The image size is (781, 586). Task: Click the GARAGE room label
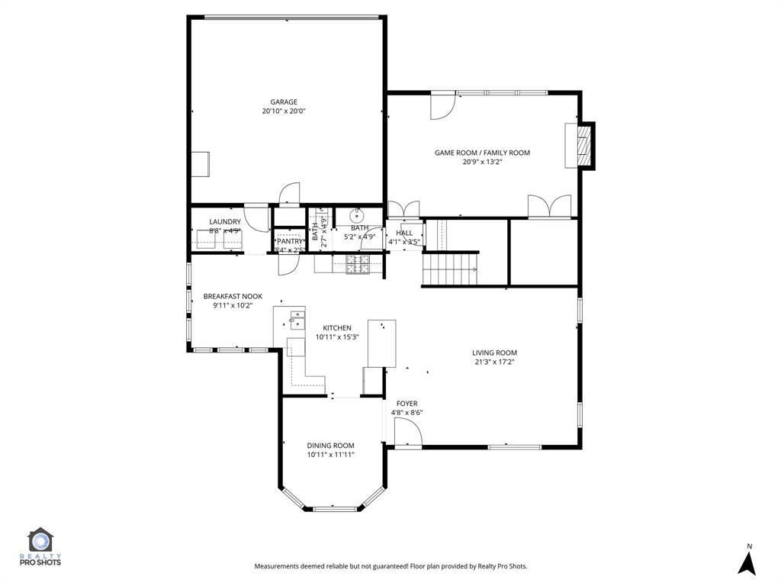coord(284,101)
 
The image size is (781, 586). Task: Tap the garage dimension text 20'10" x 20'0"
coord(284,111)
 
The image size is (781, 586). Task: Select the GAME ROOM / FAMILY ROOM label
coord(482,153)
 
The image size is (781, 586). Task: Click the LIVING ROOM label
coord(495,353)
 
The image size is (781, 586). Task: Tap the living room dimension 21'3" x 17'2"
coord(495,362)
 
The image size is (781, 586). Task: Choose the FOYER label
coord(407,404)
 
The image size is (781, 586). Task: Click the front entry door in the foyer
coord(407,435)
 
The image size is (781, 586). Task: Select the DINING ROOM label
coord(330,446)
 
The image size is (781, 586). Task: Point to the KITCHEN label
coord(336,328)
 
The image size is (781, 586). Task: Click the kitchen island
coord(382,343)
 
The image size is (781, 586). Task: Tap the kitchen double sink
coord(297,319)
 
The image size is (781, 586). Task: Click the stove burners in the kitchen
coord(357,264)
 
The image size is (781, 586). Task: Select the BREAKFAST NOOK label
coord(233,296)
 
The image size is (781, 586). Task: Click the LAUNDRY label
coord(225,222)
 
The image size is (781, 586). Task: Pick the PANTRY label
coord(290,241)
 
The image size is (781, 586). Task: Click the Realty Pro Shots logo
coord(44,547)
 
